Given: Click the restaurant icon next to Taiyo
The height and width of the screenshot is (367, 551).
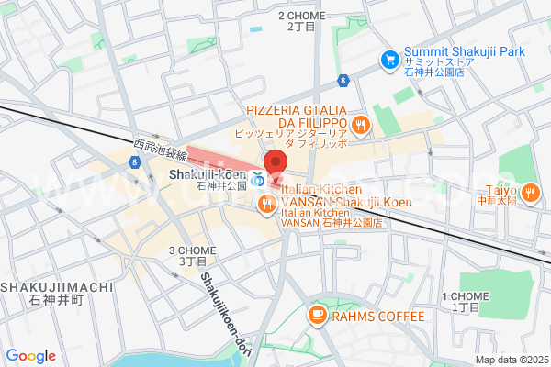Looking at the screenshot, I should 531,192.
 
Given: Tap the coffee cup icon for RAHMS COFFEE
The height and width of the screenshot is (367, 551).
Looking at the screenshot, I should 317,316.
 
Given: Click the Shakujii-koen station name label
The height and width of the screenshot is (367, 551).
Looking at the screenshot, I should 208,175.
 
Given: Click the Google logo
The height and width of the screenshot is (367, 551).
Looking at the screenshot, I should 31,356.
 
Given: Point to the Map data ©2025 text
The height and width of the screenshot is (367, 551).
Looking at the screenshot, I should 510,360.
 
